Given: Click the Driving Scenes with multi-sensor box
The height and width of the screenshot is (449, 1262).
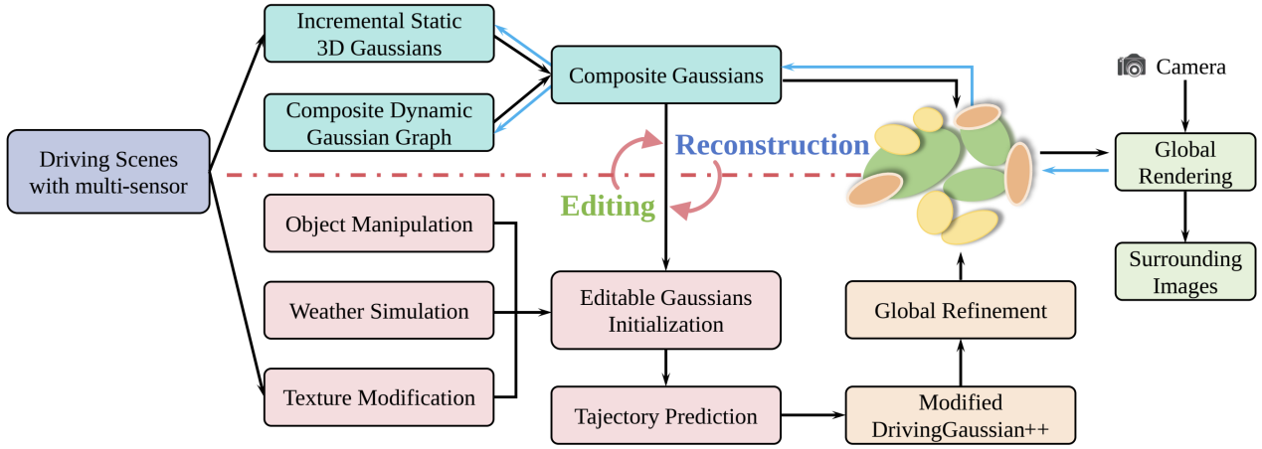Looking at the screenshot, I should click(x=108, y=172).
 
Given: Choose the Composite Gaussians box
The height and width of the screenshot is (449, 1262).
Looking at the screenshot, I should click(x=665, y=75).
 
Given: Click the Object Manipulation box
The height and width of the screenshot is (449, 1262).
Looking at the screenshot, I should click(x=379, y=224).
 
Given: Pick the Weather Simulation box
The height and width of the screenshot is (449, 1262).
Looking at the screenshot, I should click(x=379, y=311).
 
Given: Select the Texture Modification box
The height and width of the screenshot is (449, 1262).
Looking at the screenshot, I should click(x=379, y=397).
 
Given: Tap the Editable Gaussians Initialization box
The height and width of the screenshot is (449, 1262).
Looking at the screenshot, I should click(x=665, y=310).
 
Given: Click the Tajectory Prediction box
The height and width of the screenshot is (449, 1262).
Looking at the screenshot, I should click(x=665, y=416).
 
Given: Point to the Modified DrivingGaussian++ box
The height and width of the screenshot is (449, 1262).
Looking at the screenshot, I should click(x=961, y=416).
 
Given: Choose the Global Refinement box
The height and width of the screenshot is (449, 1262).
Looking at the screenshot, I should click(x=961, y=311).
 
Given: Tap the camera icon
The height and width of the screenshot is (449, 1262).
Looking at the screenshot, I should click(x=1132, y=67).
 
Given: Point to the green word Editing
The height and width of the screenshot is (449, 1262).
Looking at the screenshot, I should click(x=608, y=206).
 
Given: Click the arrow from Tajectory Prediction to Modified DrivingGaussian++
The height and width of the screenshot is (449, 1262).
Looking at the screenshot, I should click(x=813, y=416).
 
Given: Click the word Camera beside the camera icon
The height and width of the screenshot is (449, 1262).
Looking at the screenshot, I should click(x=1190, y=68).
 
